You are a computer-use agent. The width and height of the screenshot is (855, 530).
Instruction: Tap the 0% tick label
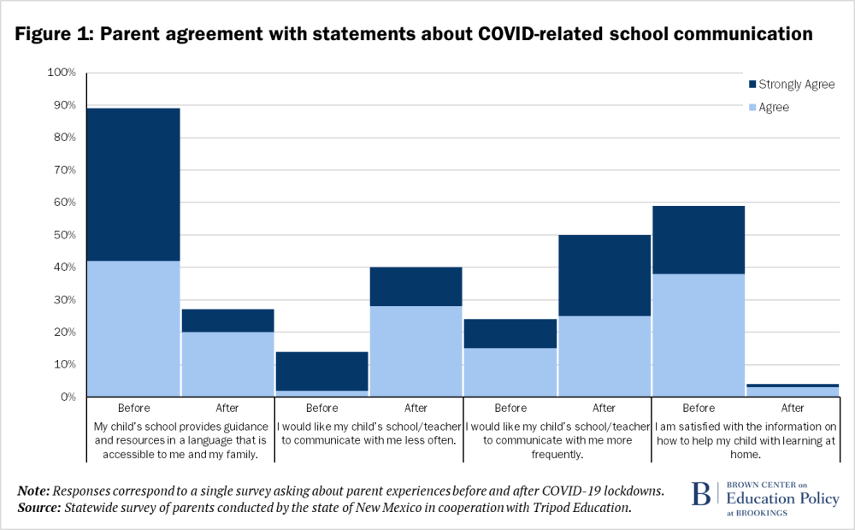[x=69, y=397]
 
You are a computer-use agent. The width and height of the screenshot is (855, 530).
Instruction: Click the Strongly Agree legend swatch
[x=752, y=85]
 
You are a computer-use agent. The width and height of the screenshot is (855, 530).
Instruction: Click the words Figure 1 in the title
[x=57, y=35]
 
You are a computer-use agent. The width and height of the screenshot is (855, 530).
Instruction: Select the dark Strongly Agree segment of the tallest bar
[x=133, y=184]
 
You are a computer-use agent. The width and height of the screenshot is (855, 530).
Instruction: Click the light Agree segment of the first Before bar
[x=133, y=328]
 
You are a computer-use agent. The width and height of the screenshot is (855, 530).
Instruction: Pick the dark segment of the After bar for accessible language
[x=227, y=321]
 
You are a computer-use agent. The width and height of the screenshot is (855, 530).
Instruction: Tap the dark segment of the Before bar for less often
[x=321, y=371]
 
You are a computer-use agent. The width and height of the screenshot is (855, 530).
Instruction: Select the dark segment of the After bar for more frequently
[x=604, y=275]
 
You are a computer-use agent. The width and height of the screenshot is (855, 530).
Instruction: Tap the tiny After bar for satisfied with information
[x=792, y=392]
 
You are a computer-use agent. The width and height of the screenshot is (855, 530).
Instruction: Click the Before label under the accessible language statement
[x=133, y=408]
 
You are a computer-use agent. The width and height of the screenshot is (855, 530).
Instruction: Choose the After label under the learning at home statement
[x=792, y=408]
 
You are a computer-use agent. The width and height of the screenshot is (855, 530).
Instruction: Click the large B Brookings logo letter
[x=700, y=495]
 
